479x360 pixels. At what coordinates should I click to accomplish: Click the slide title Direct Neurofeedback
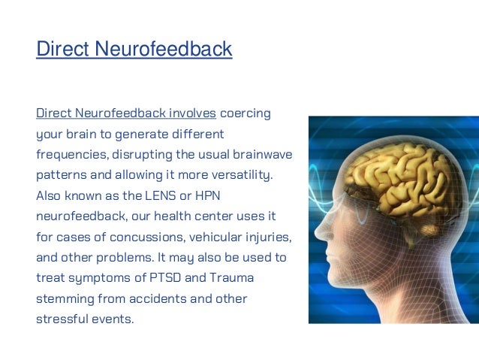[x=134, y=50]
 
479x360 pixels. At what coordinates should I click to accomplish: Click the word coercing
[x=246, y=114]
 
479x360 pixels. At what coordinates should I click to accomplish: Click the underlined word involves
[x=191, y=114]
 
